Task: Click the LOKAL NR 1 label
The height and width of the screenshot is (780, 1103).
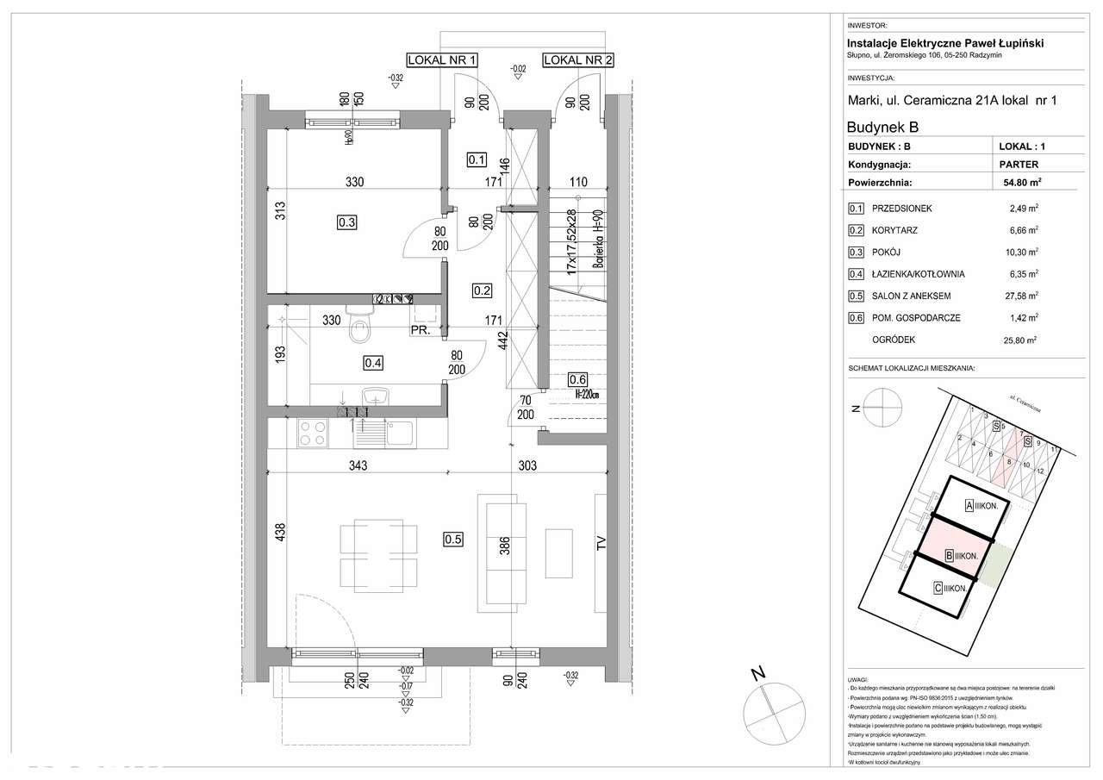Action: tap(442, 59)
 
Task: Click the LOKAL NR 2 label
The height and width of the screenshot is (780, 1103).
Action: tap(578, 59)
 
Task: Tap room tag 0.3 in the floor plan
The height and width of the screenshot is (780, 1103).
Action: tap(347, 222)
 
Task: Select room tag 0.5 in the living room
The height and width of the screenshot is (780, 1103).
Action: tap(453, 540)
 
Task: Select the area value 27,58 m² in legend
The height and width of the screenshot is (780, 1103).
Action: tap(1023, 296)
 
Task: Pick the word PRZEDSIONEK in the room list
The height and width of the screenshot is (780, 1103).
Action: tap(902, 209)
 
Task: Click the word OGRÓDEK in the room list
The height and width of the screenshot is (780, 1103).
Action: tap(893, 340)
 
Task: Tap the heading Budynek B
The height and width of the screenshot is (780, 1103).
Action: tap(882, 127)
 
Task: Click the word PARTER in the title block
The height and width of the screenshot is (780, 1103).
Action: tap(1019, 164)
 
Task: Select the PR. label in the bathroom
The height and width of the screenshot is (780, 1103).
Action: tap(421, 330)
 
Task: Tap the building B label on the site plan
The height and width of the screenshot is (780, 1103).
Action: tap(960, 556)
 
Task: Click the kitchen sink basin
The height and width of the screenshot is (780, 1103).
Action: tap(401, 432)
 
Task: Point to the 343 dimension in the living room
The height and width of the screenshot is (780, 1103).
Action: tap(358, 465)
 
